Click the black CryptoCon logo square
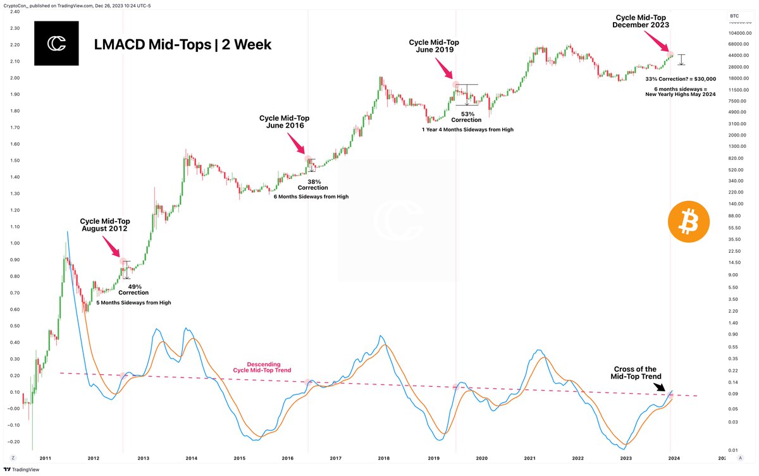56,44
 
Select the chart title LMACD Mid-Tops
183,45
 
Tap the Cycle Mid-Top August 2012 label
104,225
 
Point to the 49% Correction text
133,290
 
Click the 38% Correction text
313,184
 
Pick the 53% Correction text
467,117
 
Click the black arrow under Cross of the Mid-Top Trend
660,386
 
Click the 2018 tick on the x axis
384,458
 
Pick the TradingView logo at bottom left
22,469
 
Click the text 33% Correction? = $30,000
680,79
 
